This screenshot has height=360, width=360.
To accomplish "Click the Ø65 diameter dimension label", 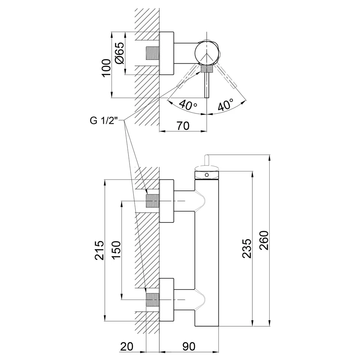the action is (120, 53).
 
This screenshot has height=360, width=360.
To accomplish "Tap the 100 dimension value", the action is (106, 68).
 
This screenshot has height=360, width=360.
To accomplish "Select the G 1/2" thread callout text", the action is (104, 120).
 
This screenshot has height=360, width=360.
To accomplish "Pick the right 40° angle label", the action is (225, 105).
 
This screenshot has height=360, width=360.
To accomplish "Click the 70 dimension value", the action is (183, 126).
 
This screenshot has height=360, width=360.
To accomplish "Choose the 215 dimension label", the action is (99, 250).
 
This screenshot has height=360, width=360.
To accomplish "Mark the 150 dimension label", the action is (116, 250).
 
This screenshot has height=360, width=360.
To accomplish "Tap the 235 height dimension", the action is (247, 248).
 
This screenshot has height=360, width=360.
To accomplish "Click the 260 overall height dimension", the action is (264, 240).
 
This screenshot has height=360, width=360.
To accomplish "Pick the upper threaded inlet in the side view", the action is (153, 201).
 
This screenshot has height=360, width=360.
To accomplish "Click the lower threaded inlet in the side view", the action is (153, 300).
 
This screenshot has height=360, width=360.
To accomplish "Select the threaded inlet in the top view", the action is (153, 53).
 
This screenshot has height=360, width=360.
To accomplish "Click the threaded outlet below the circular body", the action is (207, 69).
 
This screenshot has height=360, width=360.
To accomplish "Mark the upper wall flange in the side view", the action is (166, 201).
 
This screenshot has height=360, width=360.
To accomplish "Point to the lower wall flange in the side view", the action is (166, 300).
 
